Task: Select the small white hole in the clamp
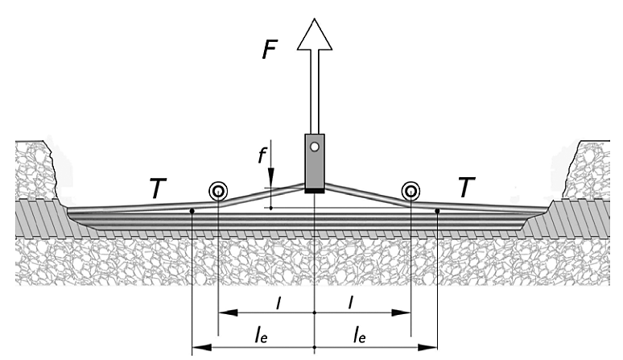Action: pos(315,147)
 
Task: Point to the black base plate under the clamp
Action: pos(315,189)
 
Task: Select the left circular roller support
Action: pos(217,191)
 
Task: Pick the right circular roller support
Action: pos(411,191)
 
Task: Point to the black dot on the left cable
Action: pos(192,212)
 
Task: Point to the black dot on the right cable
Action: pos(436,212)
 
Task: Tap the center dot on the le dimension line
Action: pos(314,348)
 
